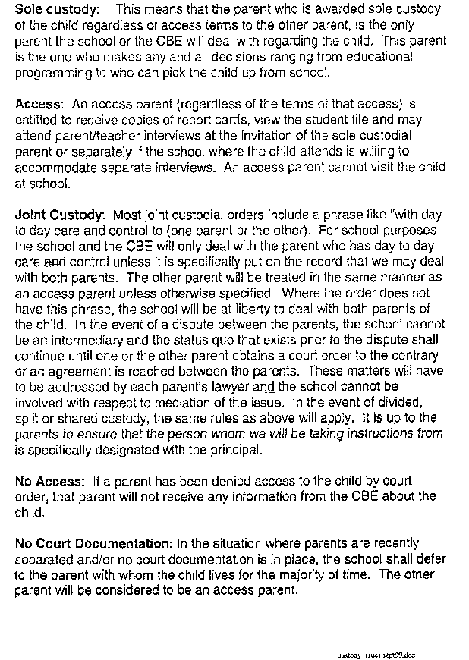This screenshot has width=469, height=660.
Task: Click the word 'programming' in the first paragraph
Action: [52, 71]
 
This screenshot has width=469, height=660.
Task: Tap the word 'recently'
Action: [422, 544]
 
